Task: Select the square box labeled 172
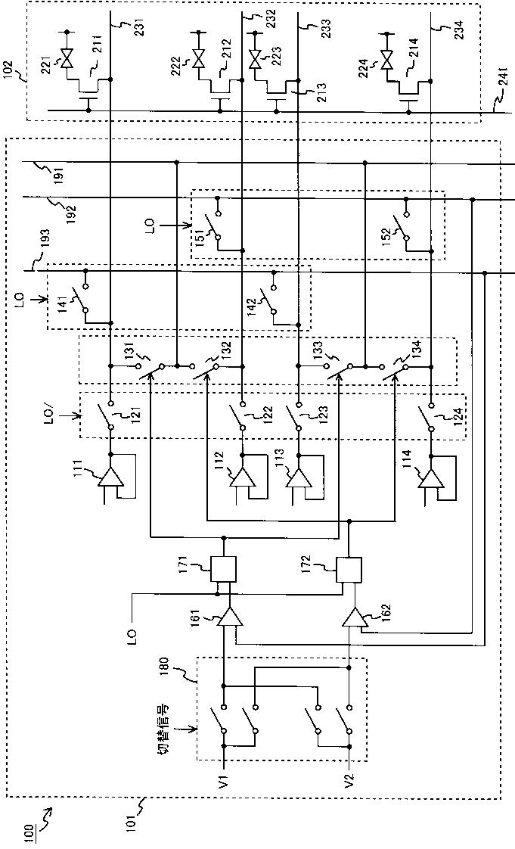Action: pyautogui.click(x=349, y=570)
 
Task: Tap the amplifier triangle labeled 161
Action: pyautogui.click(x=230, y=616)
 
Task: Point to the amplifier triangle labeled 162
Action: pyautogui.click(x=355, y=616)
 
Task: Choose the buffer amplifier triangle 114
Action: pyautogui.click(x=431, y=480)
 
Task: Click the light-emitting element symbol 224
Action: pyautogui.click(x=386, y=59)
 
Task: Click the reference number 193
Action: pyautogui.click(x=45, y=239)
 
